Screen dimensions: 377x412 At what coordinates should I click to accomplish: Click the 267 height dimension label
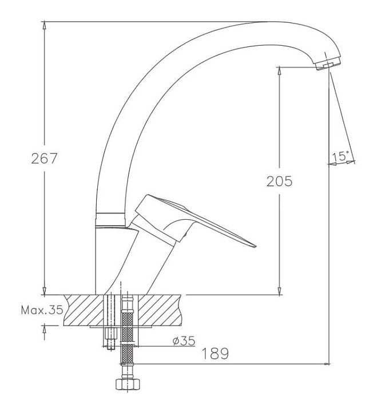click(44, 159)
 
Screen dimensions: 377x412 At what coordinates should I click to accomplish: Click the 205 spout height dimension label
click(279, 181)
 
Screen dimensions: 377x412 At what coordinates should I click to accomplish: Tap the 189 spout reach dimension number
click(215, 354)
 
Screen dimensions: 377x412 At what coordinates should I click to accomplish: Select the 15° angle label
click(341, 156)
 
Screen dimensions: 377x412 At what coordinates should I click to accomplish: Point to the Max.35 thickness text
click(42, 310)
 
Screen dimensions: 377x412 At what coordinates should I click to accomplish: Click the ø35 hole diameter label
click(184, 341)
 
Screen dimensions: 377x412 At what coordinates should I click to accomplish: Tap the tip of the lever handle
click(255, 246)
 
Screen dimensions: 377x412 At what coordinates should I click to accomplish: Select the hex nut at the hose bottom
click(128, 384)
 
